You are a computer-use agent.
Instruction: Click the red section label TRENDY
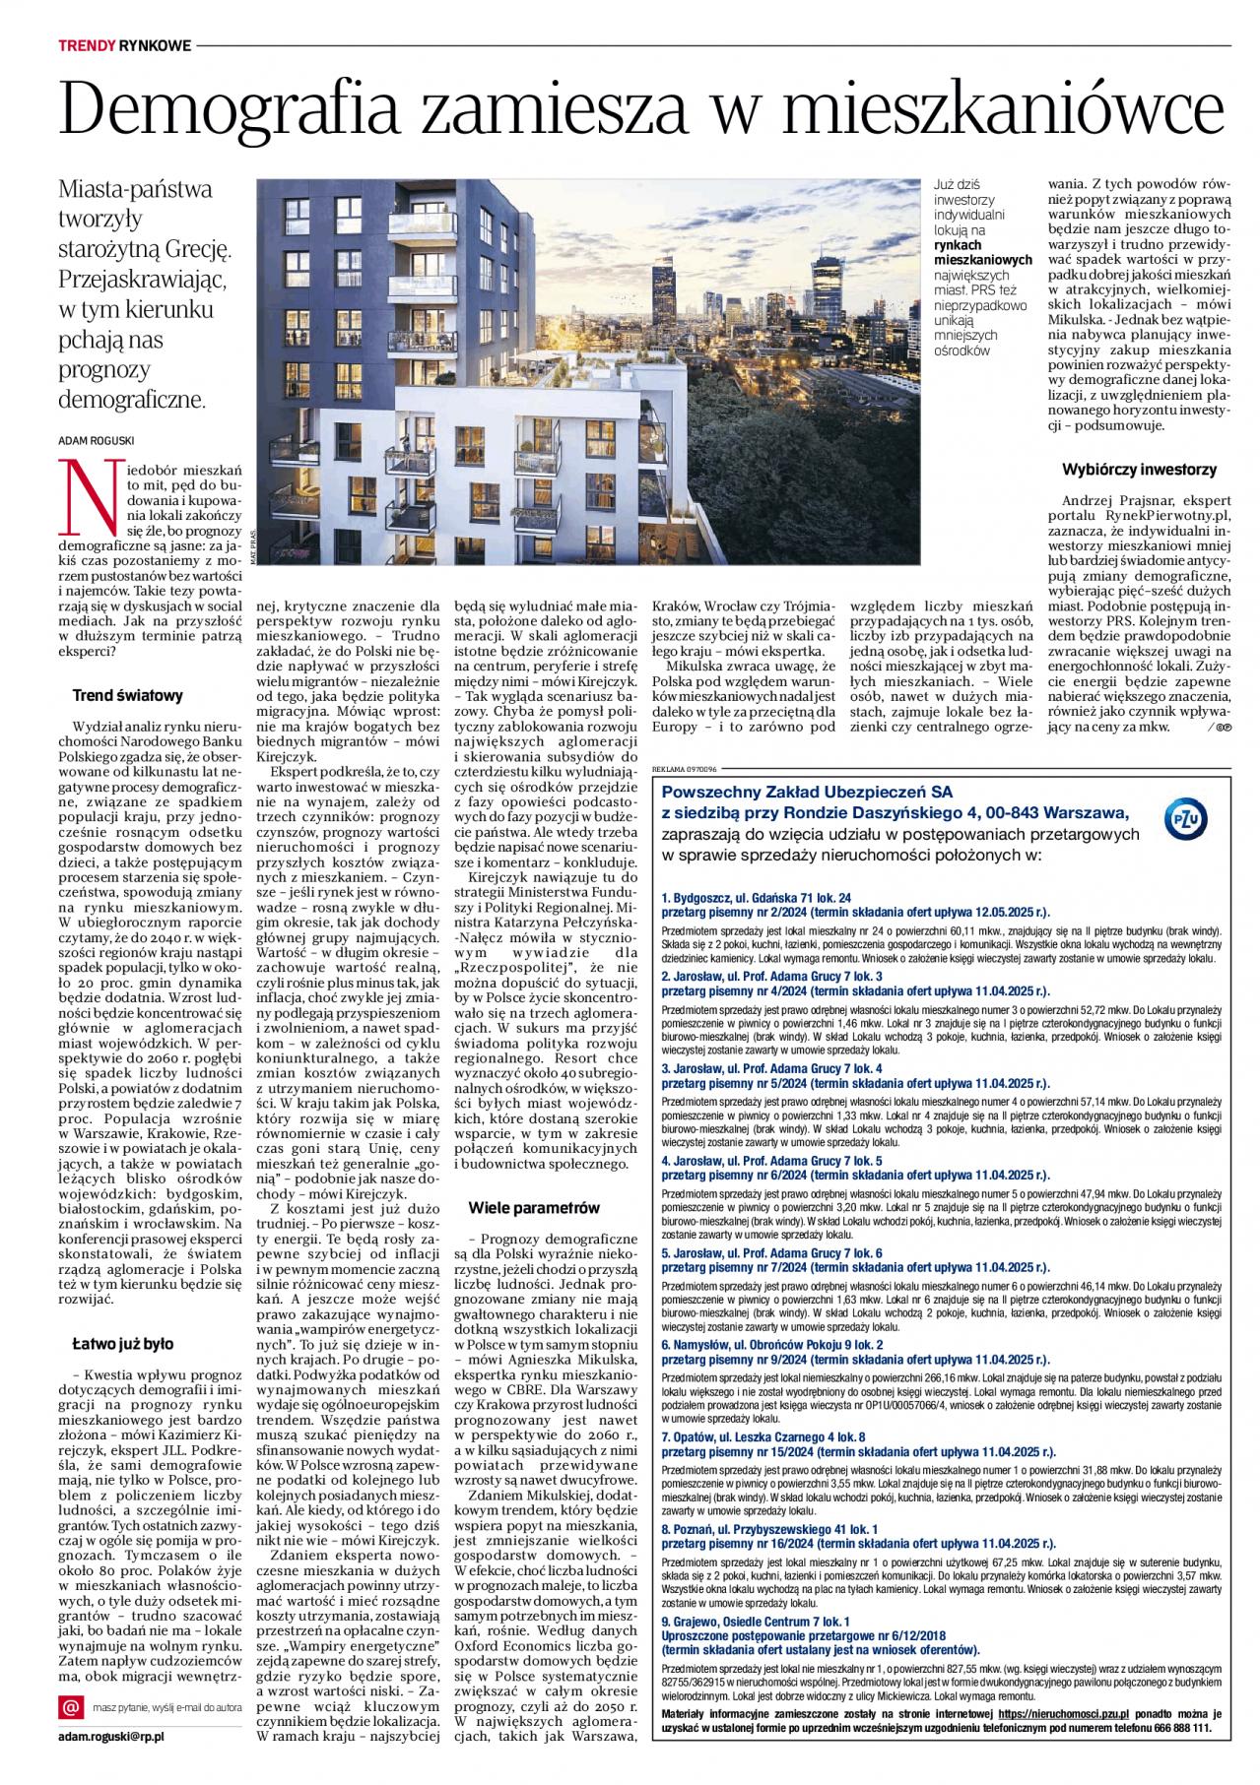point(87,45)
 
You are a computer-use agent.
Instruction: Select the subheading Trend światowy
point(128,696)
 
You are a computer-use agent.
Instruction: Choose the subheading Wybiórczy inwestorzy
point(1139,470)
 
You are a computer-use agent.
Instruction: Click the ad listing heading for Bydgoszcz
point(756,898)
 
